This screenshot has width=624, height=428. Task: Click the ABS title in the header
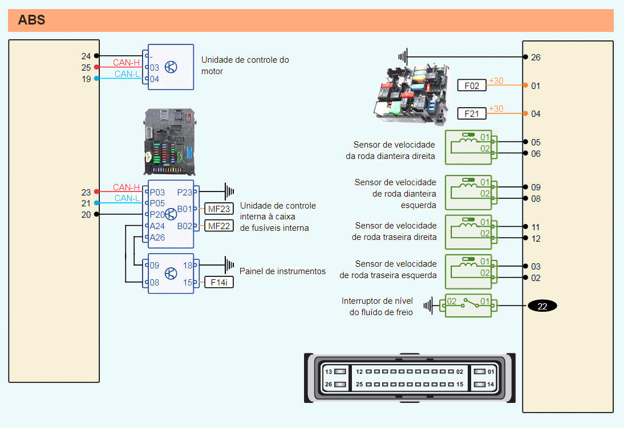click(32, 21)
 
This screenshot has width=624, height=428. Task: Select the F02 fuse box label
click(472, 85)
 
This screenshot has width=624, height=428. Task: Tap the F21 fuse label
click(472, 113)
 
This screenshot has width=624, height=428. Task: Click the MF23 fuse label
click(219, 209)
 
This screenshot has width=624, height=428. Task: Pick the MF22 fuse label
click(219, 226)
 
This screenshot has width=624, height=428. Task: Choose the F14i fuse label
click(219, 282)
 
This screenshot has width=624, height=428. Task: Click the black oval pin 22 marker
click(542, 306)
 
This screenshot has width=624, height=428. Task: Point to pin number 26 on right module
click(536, 57)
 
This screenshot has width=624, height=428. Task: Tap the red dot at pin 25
click(97, 67)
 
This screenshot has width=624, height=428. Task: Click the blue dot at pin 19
click(97, 79)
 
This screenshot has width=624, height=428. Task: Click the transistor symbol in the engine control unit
click(171, 67)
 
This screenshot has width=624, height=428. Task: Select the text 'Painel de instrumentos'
click(282, 271)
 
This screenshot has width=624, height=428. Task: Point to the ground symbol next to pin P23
click(230, 192)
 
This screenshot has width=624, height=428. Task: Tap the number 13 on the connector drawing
click(328, 372)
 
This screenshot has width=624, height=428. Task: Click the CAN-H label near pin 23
click(126, 187)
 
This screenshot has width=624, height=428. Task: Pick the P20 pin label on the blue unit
click(157, 215)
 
